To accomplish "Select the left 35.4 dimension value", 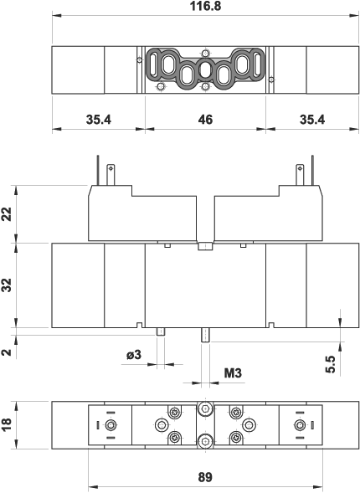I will [x=99, y=120].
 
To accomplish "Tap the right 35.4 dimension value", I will [x=311, y=120].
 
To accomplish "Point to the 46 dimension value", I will [x=205, y=120].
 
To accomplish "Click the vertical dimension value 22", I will [x=7, y=215].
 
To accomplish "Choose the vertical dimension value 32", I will [x=7, y=285].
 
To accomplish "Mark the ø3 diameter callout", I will [x=134, y=355].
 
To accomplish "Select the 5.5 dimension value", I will [x=330, y=364].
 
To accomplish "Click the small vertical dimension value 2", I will [x=7, y=352].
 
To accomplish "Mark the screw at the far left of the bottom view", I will [x=111, y=426].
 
